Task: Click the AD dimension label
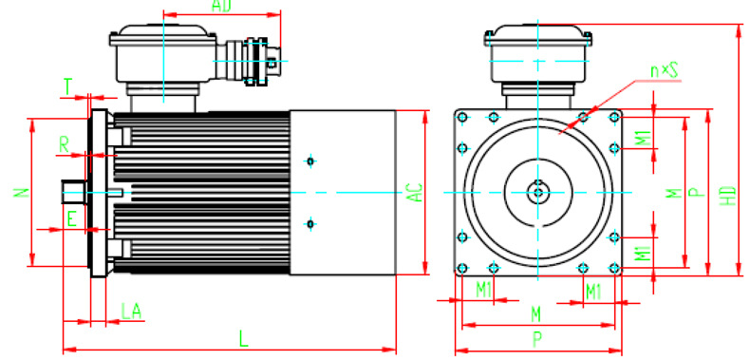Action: (x=221, y=6)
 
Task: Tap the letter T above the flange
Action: (x=68, y=87)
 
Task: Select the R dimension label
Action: (x=65, y=144)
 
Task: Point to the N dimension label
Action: (x=21, y=193)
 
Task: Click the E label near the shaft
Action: (x=71, y=219)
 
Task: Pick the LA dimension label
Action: (x=131, y=312)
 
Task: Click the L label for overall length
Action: (x=244, y=340)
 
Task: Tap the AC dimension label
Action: (x=417, y=193)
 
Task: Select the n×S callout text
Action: (x=665, y=71)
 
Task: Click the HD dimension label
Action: (x=728, y=196)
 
